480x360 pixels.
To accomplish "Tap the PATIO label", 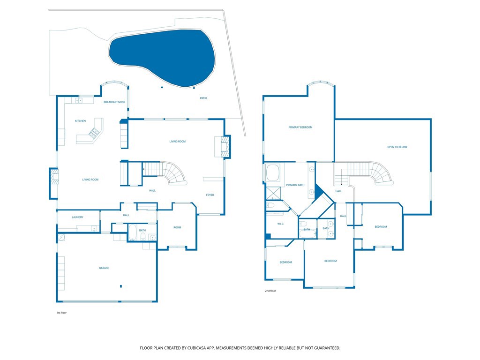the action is (x=203, y=98).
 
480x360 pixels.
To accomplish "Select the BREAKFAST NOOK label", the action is (x=114, y=102).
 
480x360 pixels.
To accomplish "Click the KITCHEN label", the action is (x=81, y=121).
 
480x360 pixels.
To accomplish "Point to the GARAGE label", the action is (x=104, y=268).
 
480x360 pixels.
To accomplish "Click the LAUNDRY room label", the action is (x=77, y=217).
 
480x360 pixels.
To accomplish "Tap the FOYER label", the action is (x=210, y=195).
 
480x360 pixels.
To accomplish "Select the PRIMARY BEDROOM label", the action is (x=300, y=127).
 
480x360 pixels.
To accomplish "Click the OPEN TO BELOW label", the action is (x=397, y=147).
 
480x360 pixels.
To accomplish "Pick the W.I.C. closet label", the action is (x=281, y=224).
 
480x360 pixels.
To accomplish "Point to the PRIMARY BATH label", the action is (x=295, y=185).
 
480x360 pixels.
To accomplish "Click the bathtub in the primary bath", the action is (x=273, y=173).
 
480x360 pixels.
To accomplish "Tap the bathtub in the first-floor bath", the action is (x=133, y=232).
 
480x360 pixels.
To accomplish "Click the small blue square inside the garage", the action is (x=121, y=286).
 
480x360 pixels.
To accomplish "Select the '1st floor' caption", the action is (x=61, y=313).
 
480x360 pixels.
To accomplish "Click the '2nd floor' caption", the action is (x=270, y=291).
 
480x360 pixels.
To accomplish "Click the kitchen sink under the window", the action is (x=79, y=100).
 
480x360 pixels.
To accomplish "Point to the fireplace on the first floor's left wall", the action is (x=54, y=184).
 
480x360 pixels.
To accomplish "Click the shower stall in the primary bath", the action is (x=274, y=193).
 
